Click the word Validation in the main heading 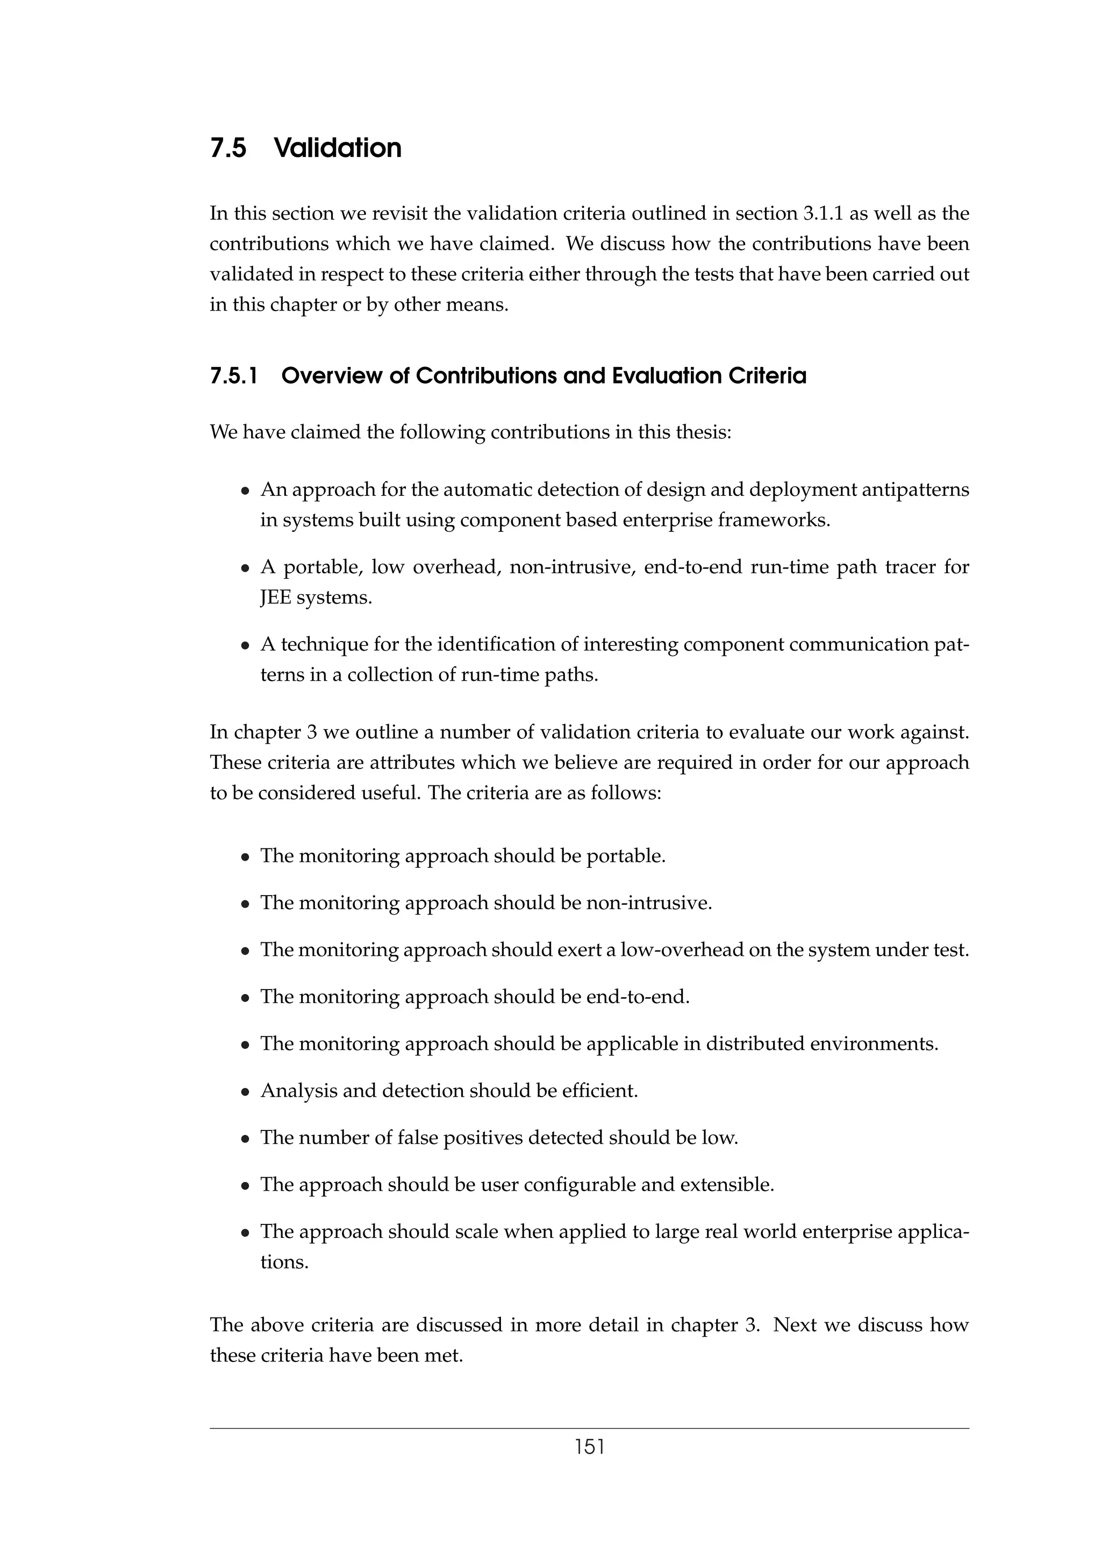(337, 148)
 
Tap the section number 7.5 (228, 148)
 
